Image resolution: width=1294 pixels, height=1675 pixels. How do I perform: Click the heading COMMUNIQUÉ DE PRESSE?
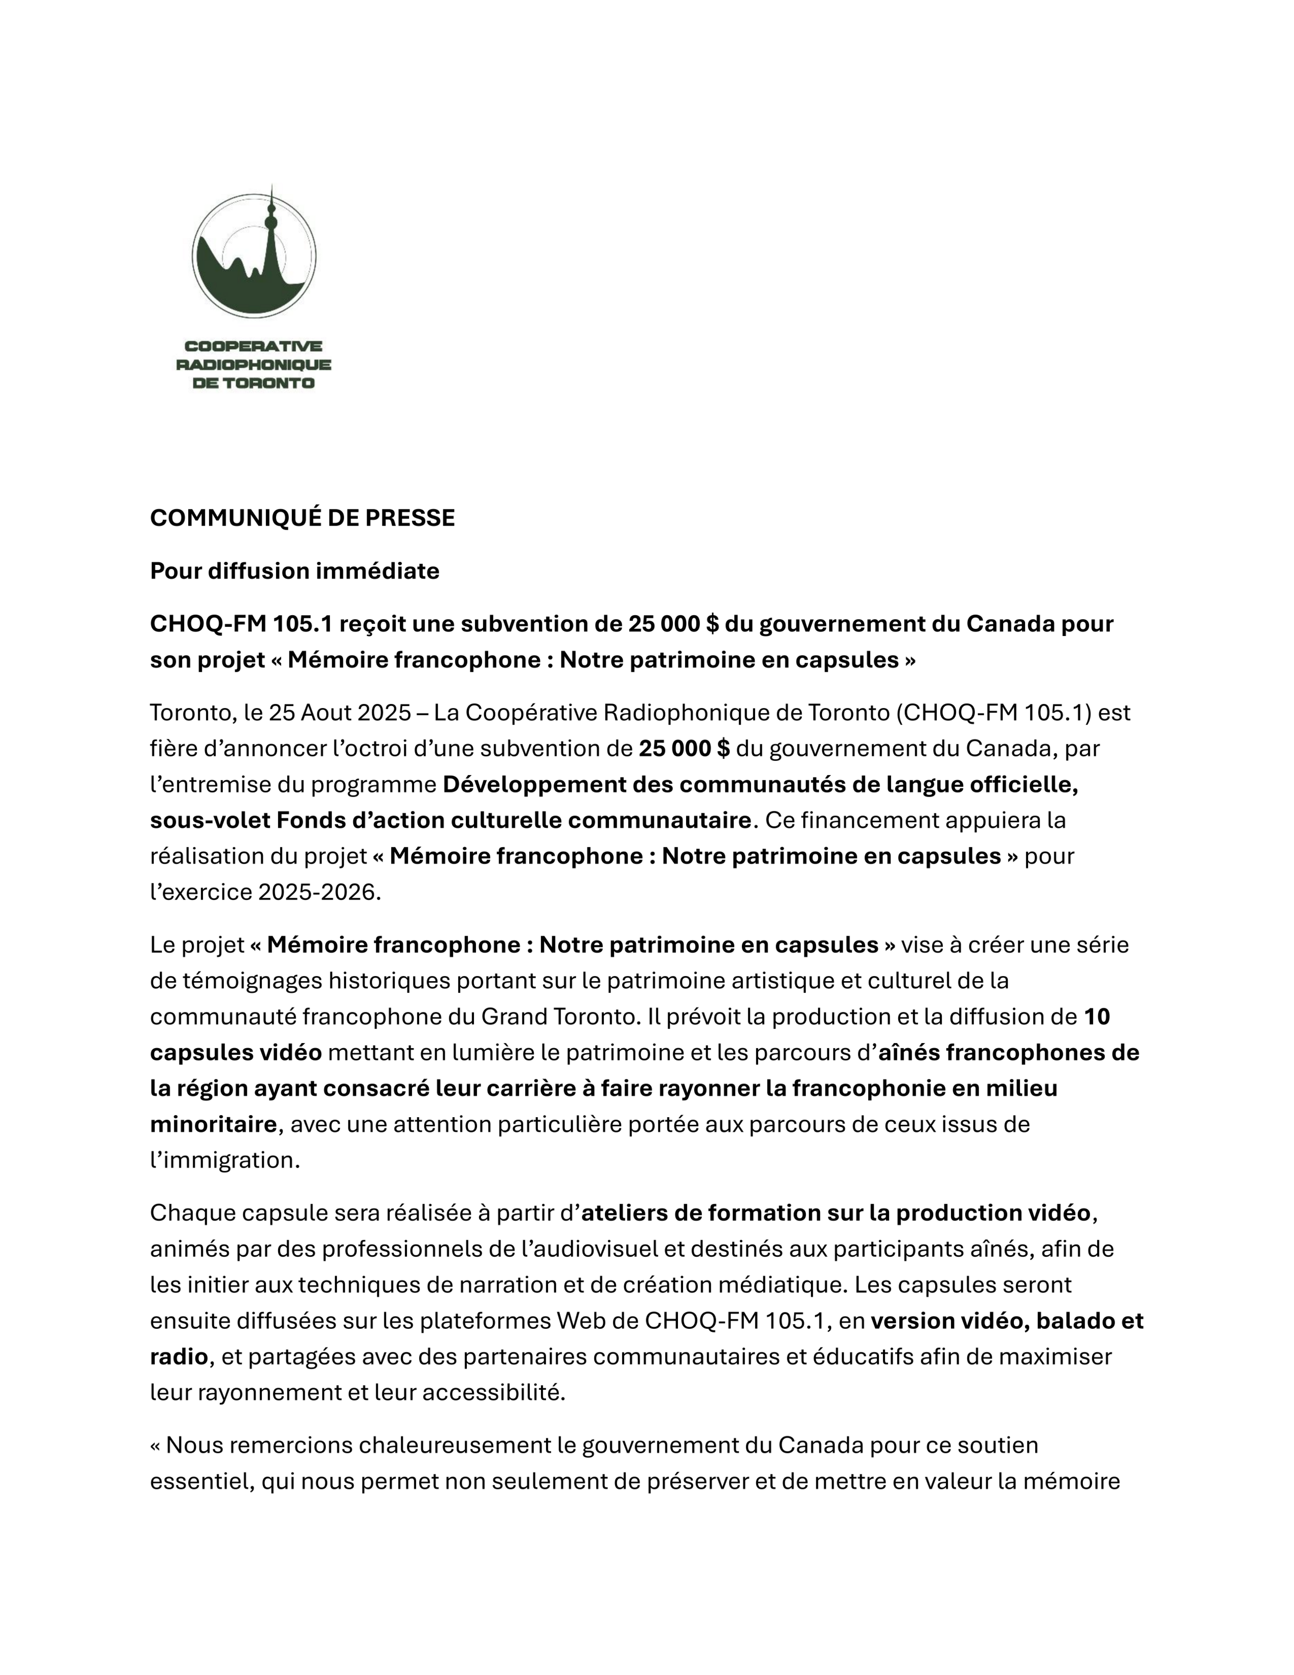tap(302, 518)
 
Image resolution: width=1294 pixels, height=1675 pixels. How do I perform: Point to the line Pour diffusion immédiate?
tap(294, 572)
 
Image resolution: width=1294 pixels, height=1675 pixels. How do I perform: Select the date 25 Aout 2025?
tap(340, 713)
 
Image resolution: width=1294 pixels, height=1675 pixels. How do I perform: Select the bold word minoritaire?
tap(213, 1125)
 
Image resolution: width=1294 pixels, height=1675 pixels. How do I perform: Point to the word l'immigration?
tap(224, 1161)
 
